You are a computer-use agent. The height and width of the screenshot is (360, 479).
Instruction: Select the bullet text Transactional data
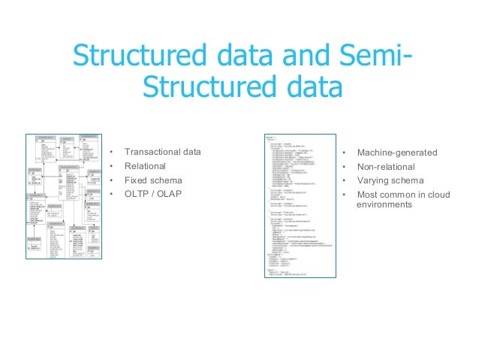[163, 152]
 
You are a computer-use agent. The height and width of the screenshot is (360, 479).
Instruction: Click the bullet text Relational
[146, 166]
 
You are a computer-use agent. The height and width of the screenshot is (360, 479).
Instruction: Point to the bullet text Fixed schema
[153, 180]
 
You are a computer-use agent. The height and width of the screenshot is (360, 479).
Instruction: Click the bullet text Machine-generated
[396, 153]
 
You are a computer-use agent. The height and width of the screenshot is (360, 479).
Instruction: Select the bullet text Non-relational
[387, 166]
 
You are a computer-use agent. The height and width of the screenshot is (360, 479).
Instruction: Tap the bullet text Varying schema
[390, 180]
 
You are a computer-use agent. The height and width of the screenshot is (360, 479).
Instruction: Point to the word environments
[384, 204]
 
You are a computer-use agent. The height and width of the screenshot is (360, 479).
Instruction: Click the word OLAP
[170, 195]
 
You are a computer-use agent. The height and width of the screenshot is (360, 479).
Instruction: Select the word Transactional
[152, 152]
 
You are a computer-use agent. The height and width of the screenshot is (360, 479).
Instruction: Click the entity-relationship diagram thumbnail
[63, 197]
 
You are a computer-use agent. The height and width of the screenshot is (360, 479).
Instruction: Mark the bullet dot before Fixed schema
[110, 180]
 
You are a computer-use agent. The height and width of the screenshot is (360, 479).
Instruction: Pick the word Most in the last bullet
[367, 195]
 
